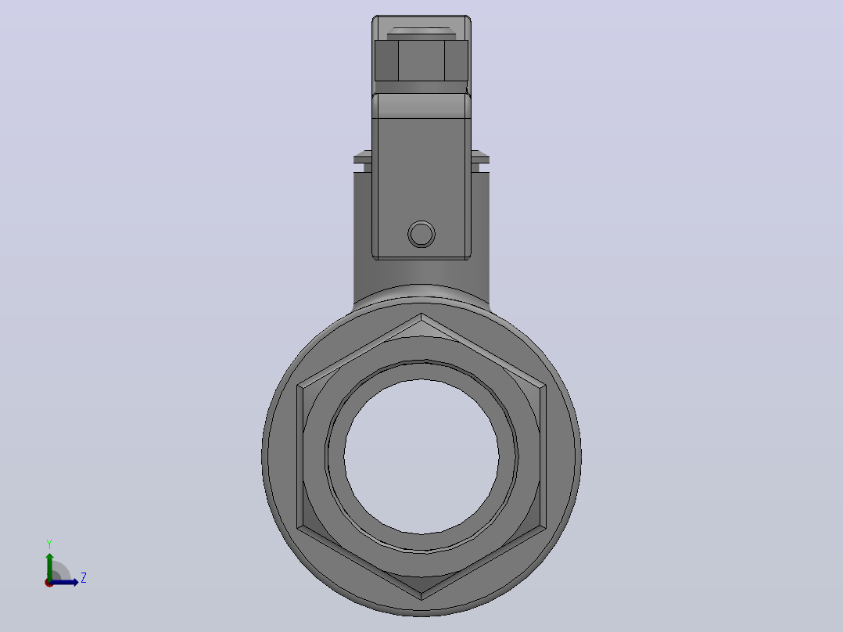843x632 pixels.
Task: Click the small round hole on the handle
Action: tap(421, 234)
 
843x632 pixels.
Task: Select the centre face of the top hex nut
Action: tap(421, 60)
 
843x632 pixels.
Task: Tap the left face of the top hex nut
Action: tap(386, 60)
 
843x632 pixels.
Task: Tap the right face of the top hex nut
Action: tap(457, 60)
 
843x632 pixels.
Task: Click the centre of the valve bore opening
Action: tap(421, 457)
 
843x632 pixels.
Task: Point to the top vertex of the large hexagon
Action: tap(421, 314)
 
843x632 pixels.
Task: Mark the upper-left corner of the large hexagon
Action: tap(297, 385)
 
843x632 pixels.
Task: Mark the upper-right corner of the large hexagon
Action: tap(546, 385)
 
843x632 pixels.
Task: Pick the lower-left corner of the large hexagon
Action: tap(297, 528)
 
